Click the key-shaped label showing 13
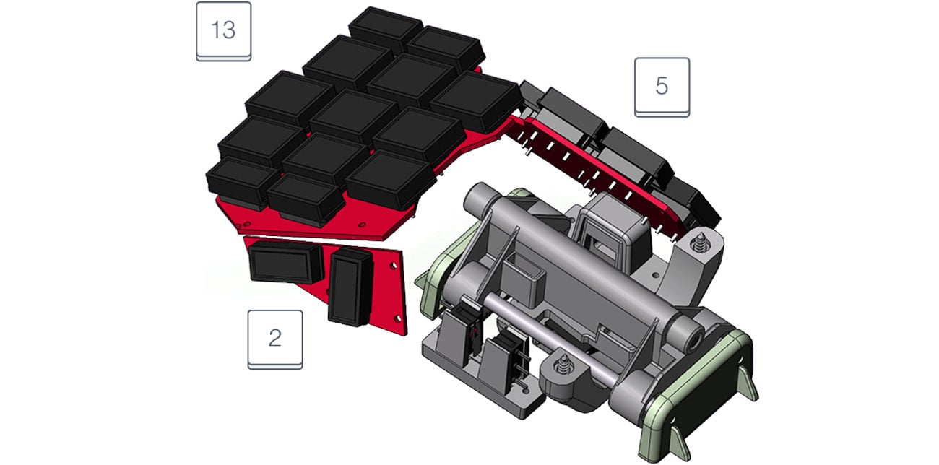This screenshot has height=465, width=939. [x=223, y=32]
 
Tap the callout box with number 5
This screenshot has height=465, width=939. [x=662, y=87]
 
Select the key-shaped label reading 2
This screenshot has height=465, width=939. [x=275, y=340]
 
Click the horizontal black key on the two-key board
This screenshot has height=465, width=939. [x=287, y=263]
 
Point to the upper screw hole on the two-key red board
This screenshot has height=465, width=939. [x=393, y=266]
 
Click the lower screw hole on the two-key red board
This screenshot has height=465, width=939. [x=398, y=319]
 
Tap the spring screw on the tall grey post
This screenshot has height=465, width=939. [x=698, y=243]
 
